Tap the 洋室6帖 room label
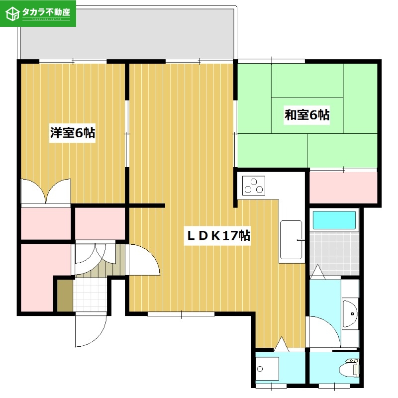click(73, 133)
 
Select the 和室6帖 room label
click(307, 115)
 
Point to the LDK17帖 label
click(218, 235)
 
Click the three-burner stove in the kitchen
click(253, 186)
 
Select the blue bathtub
click(334, 219)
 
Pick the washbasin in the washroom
click(350, 314)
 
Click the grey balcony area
click(127, 35)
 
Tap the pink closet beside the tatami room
click(343, 187)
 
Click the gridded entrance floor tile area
click(90, 296)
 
